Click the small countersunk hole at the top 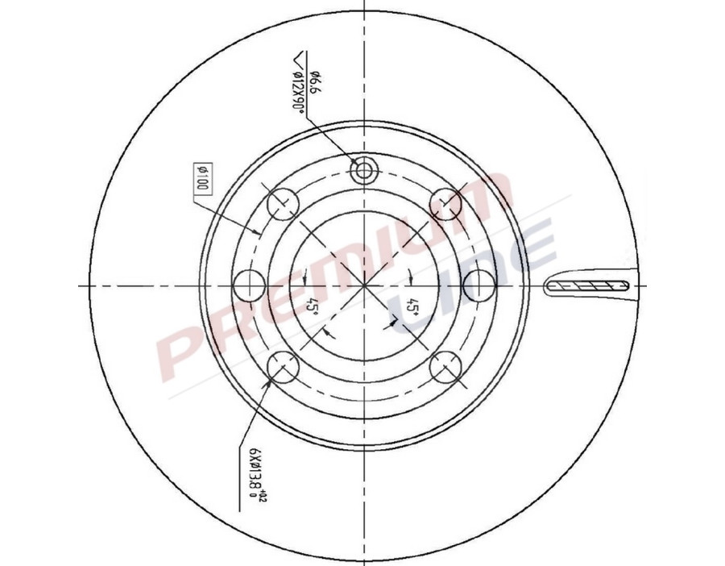tap(364, 169)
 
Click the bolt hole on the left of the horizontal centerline tap(249, 285)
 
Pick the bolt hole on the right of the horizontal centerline tap(480, 285)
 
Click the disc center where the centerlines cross tap(364, 285)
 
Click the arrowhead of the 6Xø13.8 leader tap(269, 384)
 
